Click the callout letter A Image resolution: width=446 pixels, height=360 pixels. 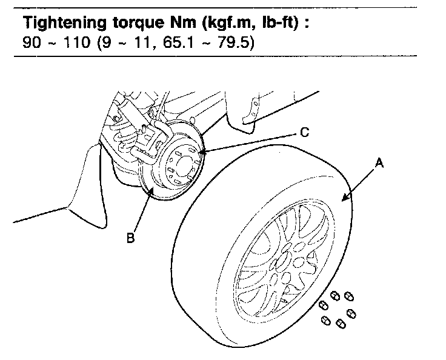[380, 162]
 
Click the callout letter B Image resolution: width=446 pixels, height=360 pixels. [130, 238]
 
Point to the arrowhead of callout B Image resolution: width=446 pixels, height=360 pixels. [151, 189]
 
